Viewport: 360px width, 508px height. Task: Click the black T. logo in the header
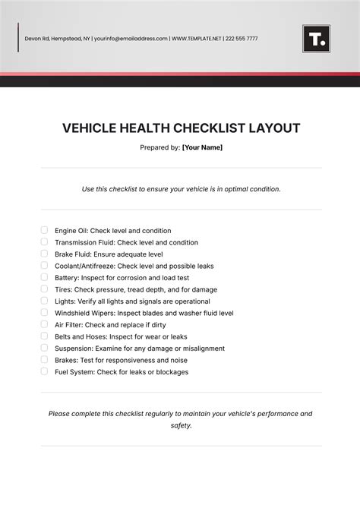(x=316, y=39)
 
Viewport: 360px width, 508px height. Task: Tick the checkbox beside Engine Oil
(x=44, y=230)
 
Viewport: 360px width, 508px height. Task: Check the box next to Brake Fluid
(x=44, y=254)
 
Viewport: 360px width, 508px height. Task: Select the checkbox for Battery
(x=44, y=277)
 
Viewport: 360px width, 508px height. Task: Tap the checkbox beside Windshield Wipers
(x=44, y=313)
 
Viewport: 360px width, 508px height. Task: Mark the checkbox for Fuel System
(x=44, y=372)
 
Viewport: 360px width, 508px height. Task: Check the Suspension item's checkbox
(x=44, y=349)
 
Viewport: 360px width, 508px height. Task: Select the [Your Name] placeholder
(x=202, y=147)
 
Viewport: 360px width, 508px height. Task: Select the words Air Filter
(x=69, y=325)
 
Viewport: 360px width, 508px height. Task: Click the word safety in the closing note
(x=181, y=426)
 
